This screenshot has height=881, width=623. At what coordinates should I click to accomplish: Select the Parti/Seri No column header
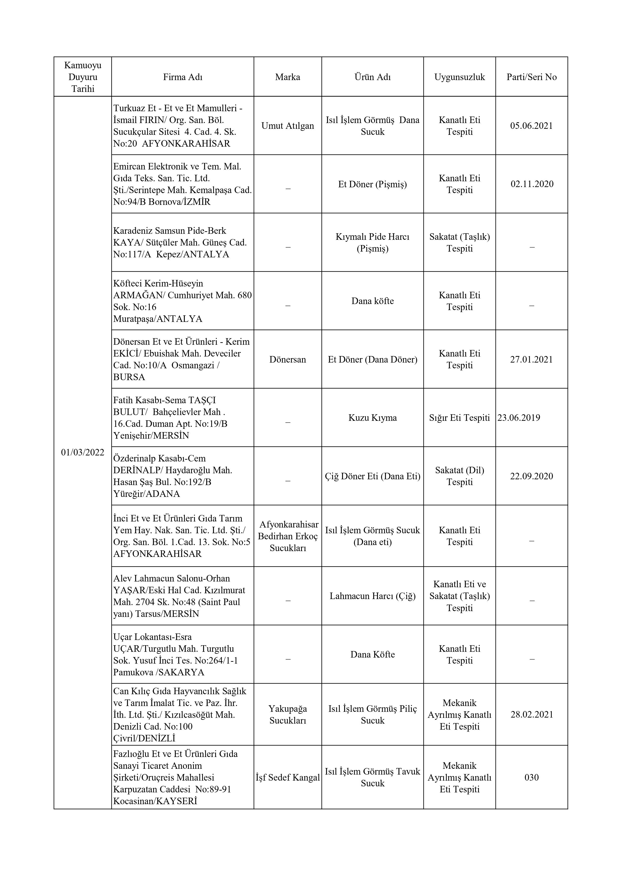click(531, 77)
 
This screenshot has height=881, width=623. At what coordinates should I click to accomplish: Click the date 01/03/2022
click(83, 452)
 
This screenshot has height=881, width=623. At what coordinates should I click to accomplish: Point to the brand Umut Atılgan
click(288, 126)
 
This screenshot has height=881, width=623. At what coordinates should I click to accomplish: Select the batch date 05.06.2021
click(531, 126)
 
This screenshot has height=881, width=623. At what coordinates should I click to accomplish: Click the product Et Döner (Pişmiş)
click(372, 184)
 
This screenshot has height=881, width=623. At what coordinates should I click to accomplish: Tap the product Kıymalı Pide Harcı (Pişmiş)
click(372, 243)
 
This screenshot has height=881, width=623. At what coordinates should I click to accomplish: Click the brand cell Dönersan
click(288, 360)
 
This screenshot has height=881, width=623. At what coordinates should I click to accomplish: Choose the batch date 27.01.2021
click(531, 360)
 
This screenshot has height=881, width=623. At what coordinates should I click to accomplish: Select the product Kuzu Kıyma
click(372, 418)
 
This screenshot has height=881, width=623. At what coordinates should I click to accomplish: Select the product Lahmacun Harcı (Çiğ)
click(372, 596)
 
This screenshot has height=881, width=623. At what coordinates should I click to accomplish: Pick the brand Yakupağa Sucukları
click(288, 715)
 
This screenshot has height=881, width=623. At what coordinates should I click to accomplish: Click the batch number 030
click(531, 777)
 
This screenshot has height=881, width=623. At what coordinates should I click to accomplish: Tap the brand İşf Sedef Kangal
click(288, 777)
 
